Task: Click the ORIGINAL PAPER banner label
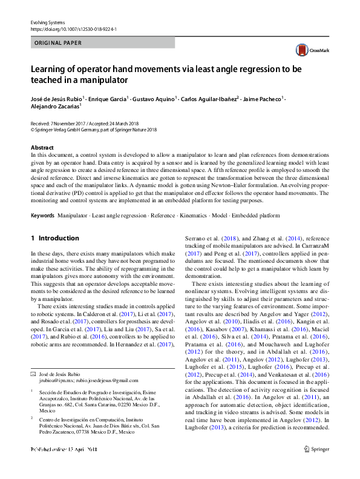click(59, 43)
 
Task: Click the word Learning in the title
click(48, 70)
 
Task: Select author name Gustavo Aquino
click(155, 97)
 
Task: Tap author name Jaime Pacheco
click(264, 97)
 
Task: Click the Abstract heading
click(43, 148)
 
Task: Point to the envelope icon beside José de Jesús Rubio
click(33, 375)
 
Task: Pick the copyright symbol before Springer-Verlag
click(33, 129)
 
